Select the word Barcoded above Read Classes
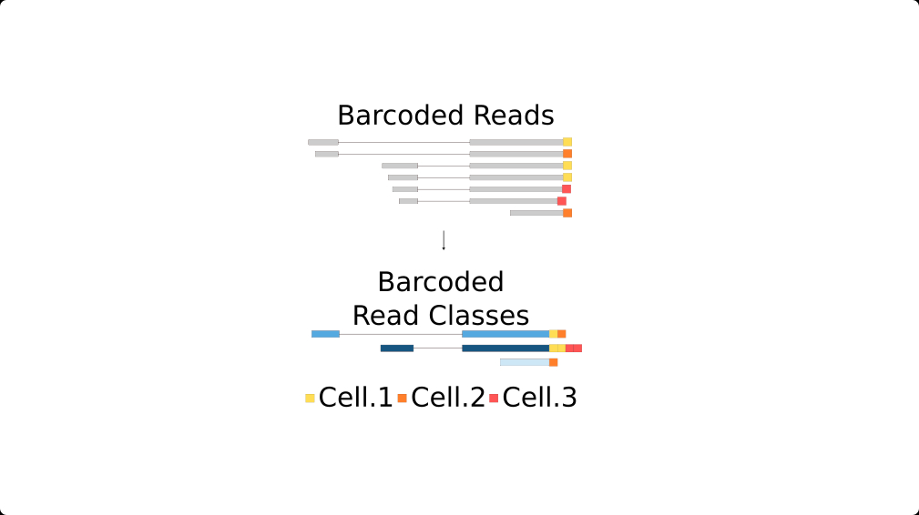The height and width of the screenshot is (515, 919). coord(440,282)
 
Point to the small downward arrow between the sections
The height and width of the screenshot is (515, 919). coord(444,240)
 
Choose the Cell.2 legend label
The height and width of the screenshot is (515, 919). coord(447,398)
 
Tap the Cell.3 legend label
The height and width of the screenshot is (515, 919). coord(539,398)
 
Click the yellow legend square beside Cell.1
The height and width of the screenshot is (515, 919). coord(310,399)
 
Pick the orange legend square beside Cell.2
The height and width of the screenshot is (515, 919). coord(402,399)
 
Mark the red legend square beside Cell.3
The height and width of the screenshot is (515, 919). coord(494,399)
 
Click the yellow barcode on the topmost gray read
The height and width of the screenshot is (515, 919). coord(567,142)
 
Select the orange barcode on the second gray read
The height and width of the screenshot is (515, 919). coord(567,154)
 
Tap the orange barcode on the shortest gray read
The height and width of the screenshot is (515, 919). coord(567,213)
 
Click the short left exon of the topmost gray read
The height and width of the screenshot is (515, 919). coord(322,142)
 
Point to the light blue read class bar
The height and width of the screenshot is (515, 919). coord(525,362)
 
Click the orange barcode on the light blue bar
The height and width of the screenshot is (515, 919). coord(553,362)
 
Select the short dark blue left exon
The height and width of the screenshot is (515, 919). coord(396,348)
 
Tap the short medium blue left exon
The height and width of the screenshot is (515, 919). coord(325,334)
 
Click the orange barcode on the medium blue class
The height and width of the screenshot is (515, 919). coord(562,334)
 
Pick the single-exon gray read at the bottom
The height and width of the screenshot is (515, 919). coord(536,213)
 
